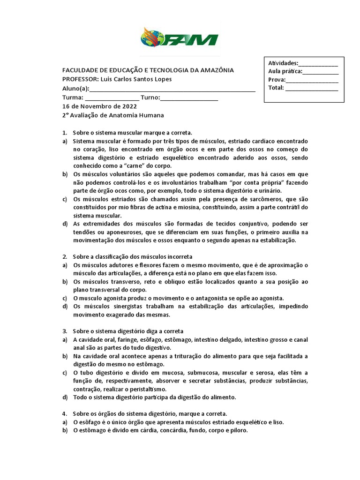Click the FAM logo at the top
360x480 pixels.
(180, 37)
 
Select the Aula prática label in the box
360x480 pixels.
(285, 71)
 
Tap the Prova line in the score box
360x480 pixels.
(312, 80)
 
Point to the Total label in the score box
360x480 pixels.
(276, 87)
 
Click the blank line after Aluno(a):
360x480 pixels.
(172, 89)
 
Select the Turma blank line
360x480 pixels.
(112, 98)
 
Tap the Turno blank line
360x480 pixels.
(189, 98)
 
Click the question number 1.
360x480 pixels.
(65, 133)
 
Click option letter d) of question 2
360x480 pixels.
(65, 307)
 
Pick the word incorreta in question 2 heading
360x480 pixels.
(176, 257)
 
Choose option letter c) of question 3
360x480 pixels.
(65, 373)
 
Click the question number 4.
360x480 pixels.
(65, 414)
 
